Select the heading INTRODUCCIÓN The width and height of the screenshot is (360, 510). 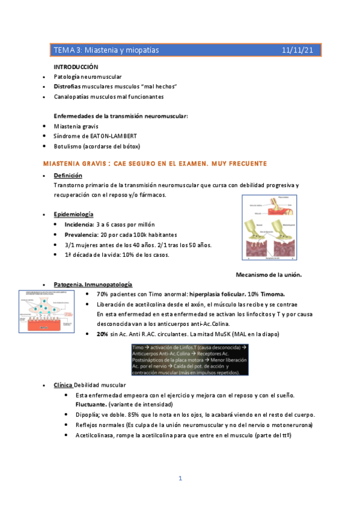tap(76, 67)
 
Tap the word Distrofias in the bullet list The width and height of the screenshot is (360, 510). tap(67, 87)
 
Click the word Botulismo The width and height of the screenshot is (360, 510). tap(68, 146)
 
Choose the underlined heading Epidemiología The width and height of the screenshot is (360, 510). tap(73, 214)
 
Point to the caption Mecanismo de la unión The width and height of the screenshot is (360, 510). tap(270, 275)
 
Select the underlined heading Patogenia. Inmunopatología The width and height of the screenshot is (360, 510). tap(93, 284)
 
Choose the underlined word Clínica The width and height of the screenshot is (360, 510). tap(63, 384)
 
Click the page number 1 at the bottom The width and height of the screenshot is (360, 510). tap(180, 478)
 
